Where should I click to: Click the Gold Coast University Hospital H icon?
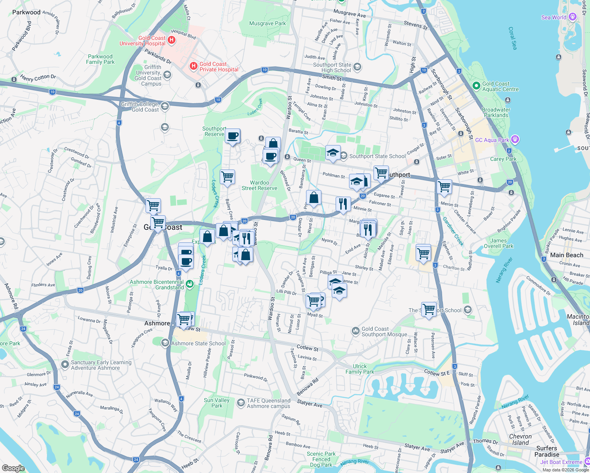pyautogui.click(x=172, y=40)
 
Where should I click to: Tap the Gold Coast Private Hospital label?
pyautogui.click(x=218, y=67)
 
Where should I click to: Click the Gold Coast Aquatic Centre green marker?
pyautogui.click(x=476, y=86)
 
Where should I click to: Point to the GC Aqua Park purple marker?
pyautogui.click(x=515, y=140)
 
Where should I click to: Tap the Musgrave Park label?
pyautogui.click(x=267, y=24)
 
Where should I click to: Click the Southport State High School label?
pyautogui.click(x=332, y=67)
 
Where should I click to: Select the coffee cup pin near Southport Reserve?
pyautogui.click(x=233, y=136)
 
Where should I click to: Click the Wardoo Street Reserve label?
pyautogui.click(x=259, y=185)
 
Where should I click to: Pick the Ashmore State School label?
pyautogui.click(x=198, y=343)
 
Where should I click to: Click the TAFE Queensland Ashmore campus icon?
pyautogui.click(x=241, y=403)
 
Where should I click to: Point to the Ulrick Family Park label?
pyautogui.click(x=360, y=369)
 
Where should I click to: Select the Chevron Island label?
pyautogui.click(x=520, y=439)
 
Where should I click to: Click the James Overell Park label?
pyautogui.click(x=499, y=243)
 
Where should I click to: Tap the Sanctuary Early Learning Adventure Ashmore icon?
pyautogui.click(x=65, y=365)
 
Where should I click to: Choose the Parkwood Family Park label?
pyautogui.click(x=100, y=59)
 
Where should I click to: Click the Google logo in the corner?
pyautogui.click(x=13, y=468)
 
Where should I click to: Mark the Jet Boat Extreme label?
pyautogui.click(x=561, y=462)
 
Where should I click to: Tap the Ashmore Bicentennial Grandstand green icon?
pyautogui.click(x=190, y=284)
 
